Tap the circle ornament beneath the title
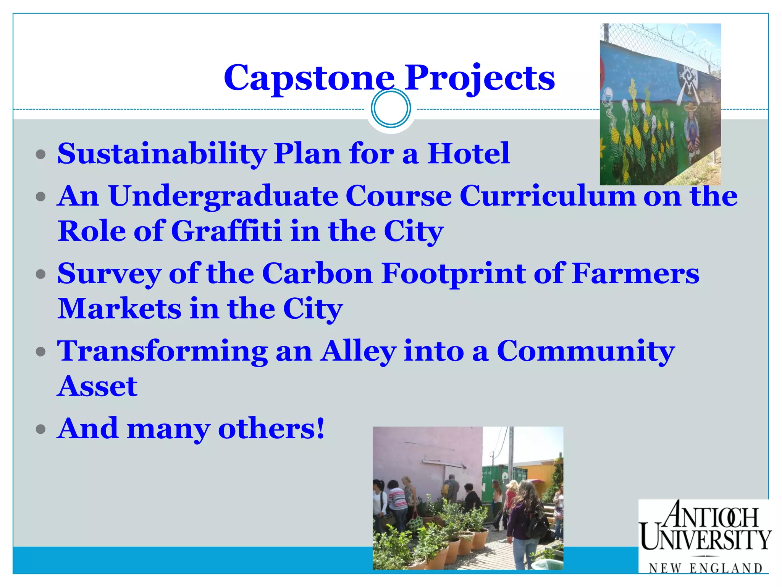[391, 108]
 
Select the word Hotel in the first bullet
[468, 154]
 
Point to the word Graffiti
[226, 232]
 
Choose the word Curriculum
[548, 196]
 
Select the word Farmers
[635, 274]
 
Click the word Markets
[120, 309]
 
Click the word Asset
[97, 386]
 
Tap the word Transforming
[162, 352]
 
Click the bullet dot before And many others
[40, 429]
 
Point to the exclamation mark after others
[320, 428]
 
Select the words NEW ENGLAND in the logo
[706, 568]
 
